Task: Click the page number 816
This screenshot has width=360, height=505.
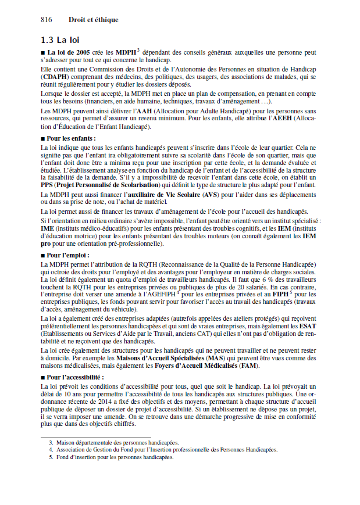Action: point(47,20)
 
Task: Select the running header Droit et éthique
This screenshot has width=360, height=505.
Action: point(93,20)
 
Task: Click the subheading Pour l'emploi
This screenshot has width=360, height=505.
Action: point(68,255)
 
